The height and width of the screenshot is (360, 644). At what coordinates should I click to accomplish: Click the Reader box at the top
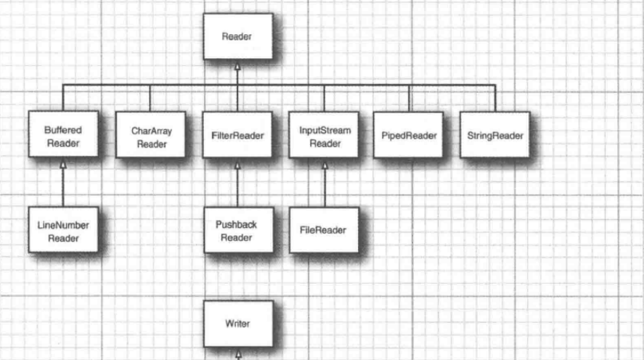[x=237, y=36]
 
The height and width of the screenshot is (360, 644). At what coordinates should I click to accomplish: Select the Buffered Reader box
[x=62, y=135]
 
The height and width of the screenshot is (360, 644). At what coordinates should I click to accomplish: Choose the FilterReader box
[x=237, y=135]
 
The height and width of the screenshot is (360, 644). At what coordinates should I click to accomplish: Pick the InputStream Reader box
[x=324, y=135]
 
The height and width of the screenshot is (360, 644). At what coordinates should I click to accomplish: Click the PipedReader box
[x=409, y=135]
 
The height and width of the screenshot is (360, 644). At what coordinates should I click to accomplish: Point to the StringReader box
[x=495, y=135]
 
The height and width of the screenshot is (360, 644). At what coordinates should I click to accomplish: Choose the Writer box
[x=237, y=323]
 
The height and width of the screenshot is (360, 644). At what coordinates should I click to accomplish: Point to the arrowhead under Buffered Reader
[x=62, y=166]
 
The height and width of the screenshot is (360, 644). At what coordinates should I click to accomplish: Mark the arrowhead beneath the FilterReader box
[x=237, y=166]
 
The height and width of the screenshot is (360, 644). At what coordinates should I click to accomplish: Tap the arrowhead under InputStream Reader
[x=324, y=166]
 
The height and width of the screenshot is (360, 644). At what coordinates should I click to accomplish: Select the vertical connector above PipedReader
[x=409, y=98]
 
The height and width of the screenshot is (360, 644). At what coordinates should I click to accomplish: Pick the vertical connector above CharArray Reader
[x=150, y=98]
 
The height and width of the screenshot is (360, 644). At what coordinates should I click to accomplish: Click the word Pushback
[x=237, y=224]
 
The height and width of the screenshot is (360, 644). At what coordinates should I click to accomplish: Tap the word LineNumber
[x=62, y=224]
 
